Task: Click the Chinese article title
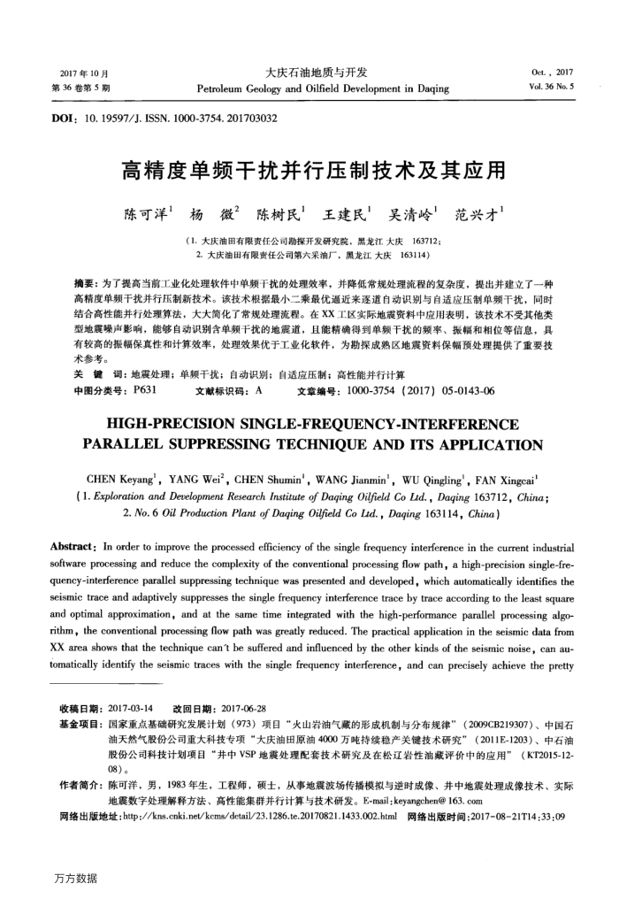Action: pyautogui.click(x=309, y=169)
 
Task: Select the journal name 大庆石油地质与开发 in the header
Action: pyautogui.click(x=316, y=73)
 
